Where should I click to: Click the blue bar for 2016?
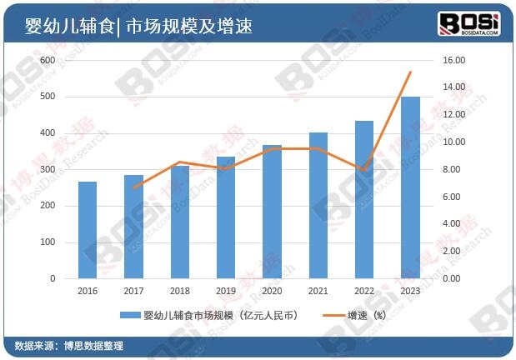click(88, 230)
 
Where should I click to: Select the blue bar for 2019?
click(226, 217)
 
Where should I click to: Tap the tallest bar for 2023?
click(410, 187)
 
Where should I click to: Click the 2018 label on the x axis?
click(180, 291)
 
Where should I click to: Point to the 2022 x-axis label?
click(364, 291)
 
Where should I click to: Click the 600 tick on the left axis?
click(47, 61)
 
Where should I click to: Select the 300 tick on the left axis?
click(47, 170)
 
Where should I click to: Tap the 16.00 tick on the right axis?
click(452, 61)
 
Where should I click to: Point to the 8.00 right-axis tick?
click(450, 170)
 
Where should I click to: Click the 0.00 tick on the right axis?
click(450, 278)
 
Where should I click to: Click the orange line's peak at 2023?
click(410, 72)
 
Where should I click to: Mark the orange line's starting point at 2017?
click(134, 187)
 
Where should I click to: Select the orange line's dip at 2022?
click(364, 171)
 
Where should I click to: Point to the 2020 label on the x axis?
click(272, 291)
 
